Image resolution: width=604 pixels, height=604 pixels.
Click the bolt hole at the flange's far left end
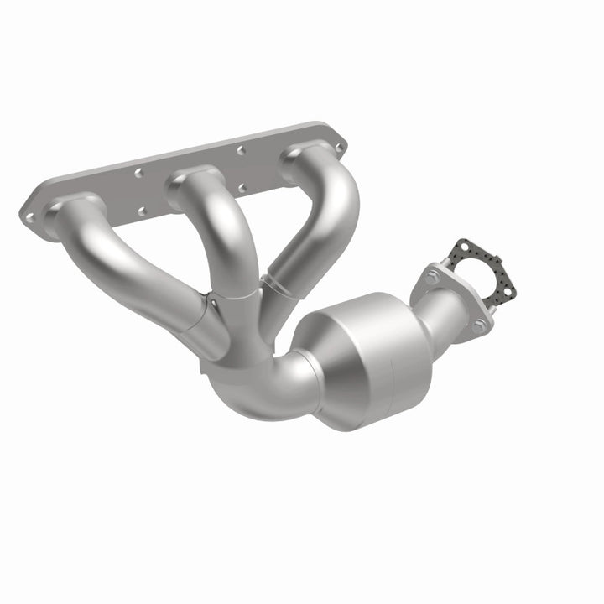29,216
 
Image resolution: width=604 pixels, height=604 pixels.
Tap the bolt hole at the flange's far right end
339,148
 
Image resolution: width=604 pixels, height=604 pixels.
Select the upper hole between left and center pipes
139,174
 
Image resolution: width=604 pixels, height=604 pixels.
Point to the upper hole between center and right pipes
240,150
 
